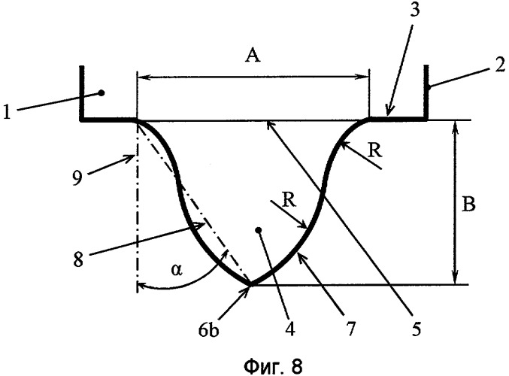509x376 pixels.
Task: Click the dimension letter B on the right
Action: tap(468, 205)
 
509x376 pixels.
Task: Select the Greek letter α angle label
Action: tap(176, 270)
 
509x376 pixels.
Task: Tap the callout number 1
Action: tap(7, 112)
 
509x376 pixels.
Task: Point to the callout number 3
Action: tap(414, 9)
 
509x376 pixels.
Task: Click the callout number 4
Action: tap(290, 329)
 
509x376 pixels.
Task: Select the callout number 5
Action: tap(416, 329)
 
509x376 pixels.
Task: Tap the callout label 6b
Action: tap(208, 330)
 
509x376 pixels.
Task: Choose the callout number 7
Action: tap(351, 329)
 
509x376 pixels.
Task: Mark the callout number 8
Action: tap(78, 259)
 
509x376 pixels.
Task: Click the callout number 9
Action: tap(77, 178)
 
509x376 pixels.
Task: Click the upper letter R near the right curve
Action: tap(375, 151)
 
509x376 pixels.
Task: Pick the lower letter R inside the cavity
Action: tap(289, 200)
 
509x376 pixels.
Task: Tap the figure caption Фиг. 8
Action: tap(273, 365)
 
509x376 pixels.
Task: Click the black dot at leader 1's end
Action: tap(101, 93)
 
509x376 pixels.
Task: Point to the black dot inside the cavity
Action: tap(259, 230)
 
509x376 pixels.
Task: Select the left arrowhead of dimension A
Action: tap(142, 77)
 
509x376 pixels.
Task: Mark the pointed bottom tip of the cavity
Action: tap(251, 285)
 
